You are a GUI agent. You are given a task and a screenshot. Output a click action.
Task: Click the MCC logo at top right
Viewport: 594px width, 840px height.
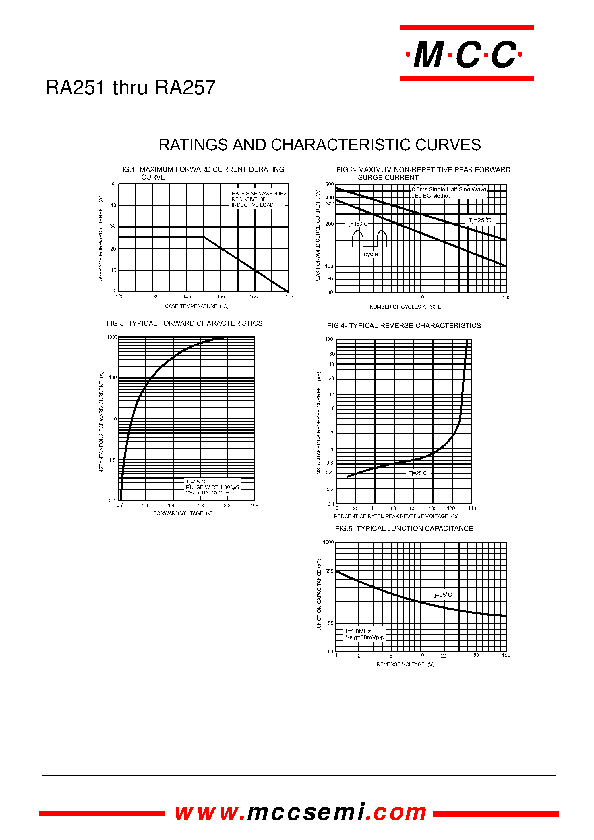tap(467, 53)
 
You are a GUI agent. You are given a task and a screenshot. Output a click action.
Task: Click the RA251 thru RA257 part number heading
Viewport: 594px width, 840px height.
tap(131, 88)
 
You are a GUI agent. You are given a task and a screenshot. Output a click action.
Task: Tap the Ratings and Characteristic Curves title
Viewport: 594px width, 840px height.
tap(319, 145)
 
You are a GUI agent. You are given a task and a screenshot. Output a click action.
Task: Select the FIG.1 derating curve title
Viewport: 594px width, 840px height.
tap(201, 173)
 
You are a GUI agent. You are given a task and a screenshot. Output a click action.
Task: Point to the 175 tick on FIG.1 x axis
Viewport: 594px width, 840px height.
tap(289, 297)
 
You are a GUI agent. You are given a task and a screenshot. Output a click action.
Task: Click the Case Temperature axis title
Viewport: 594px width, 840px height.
tap(196, 306)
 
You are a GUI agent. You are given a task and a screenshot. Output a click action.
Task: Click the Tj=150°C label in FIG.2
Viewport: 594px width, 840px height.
tap(357, 224)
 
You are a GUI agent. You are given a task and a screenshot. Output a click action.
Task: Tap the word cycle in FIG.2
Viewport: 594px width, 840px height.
tap(371, 254)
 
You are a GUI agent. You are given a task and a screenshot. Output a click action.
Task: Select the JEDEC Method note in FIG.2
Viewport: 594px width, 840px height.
tap(432, 196)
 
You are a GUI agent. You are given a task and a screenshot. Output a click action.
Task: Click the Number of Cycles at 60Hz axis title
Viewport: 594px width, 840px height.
tap(405, 307)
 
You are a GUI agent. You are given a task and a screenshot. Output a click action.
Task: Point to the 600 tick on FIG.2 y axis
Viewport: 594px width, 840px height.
tap(329, 184)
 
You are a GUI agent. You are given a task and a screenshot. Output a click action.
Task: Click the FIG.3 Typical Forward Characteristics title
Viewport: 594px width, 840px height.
tap(184, 323)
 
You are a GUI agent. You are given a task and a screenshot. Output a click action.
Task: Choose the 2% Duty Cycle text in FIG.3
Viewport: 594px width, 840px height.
tap(207, 493)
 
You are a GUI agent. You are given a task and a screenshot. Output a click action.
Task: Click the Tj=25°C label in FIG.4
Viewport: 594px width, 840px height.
tap(418, 473)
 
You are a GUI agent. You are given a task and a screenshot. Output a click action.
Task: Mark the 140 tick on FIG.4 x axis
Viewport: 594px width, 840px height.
tap(472, 508)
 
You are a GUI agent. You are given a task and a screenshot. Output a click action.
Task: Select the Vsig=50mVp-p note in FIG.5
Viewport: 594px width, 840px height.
tap(365, 637)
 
